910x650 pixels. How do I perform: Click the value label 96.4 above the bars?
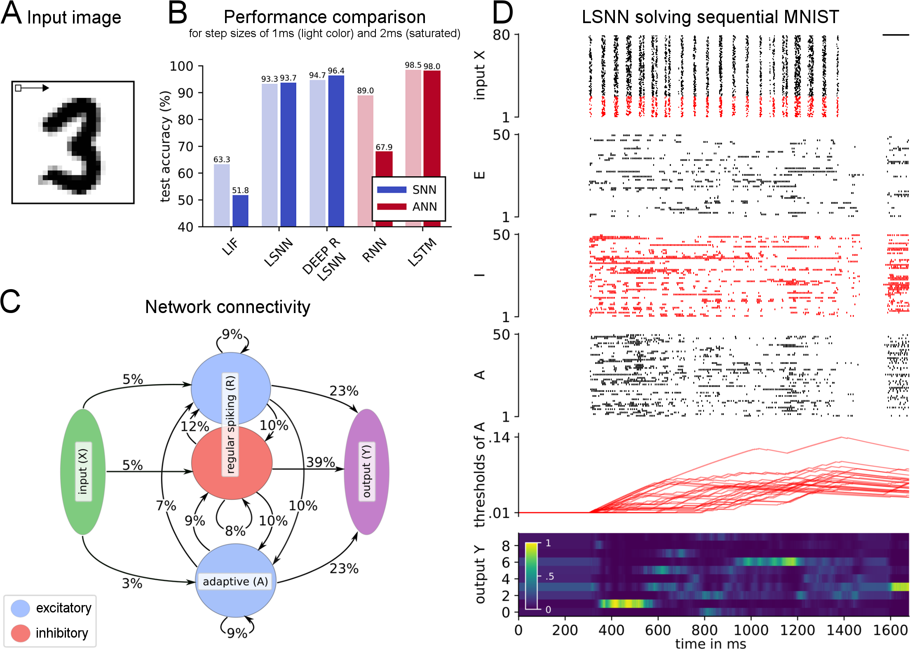click(x=336, y=71)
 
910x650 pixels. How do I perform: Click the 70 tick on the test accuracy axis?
click(x=185, y=146)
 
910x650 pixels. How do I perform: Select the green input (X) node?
click(x=83, y=471)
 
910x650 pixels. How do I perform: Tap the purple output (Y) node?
click(x=366, y=471)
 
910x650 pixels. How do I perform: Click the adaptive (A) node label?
click(x=235, y=581)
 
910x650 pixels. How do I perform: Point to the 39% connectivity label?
click(x=320, y=462)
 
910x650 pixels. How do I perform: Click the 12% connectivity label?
click(x=195, y=426)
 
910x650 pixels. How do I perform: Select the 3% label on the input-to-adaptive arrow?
click(x=132, y=583)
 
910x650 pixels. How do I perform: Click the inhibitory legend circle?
click(x=20, y=633)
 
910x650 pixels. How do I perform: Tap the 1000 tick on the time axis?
click(x=751, y=630)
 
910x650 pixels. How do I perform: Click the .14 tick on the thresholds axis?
click(x=499, y=437)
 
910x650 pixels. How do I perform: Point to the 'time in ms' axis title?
click(x=711, y=643)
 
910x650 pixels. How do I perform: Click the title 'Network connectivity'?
click(x=227, y=307)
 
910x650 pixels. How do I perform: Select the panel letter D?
click(x=503, y=13)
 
